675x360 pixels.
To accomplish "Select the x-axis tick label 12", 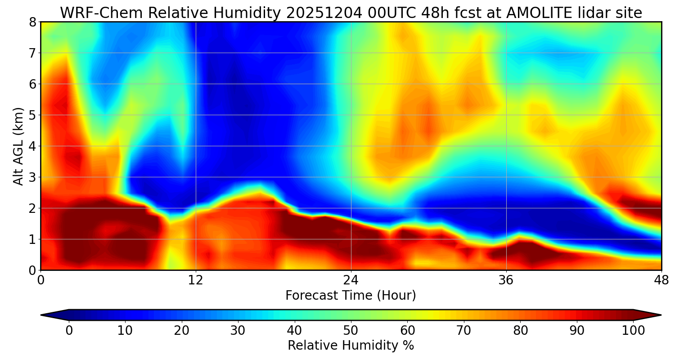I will [196, 280].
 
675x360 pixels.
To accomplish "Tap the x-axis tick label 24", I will [351, 280].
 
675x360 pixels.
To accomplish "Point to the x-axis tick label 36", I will [506, 280].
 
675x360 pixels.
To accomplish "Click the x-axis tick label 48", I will [661, 280].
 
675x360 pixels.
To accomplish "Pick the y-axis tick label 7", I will [32, 53].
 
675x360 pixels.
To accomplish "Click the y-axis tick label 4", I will [32, 146].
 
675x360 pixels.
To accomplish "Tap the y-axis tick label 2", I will [32, 208].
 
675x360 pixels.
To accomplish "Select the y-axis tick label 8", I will [32, 22].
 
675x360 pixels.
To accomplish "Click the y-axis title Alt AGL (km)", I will [18, 146].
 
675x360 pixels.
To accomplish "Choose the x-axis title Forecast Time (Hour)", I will [351, 296].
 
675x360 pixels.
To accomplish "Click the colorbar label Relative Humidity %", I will [351, 346].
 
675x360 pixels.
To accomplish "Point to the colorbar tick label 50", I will [351, 330].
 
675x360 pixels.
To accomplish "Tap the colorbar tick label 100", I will [633, 330].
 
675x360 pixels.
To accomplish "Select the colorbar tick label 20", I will [181, 330].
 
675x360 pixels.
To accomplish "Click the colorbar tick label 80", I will [520, 330].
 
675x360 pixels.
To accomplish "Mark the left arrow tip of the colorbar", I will [41, 315].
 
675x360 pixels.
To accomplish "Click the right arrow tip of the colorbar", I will [661, 315].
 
